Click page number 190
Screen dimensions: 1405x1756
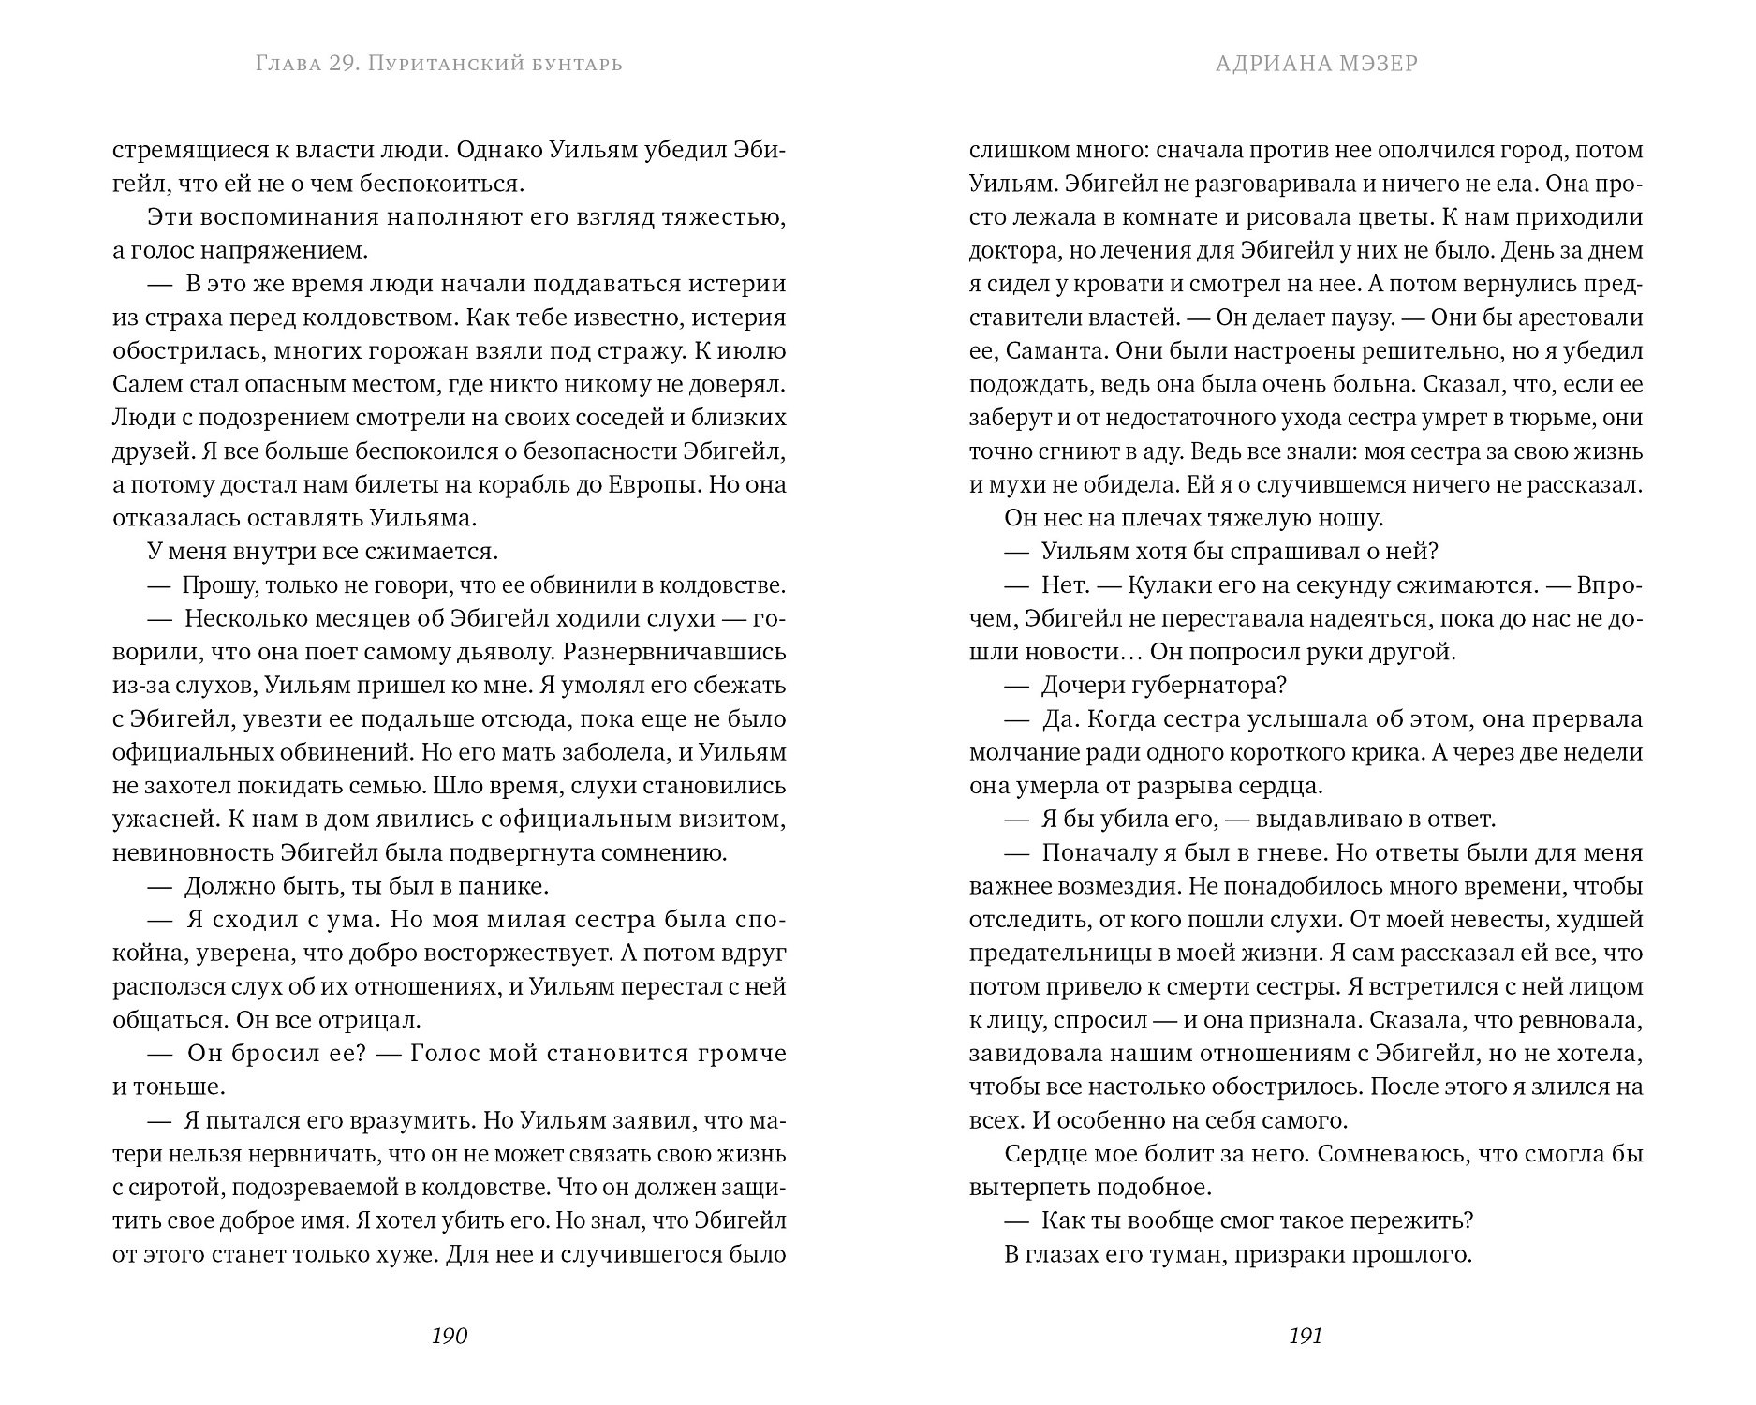(449, 1336)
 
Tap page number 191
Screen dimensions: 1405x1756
(1306, 1336)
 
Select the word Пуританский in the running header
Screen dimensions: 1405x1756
(439, 64)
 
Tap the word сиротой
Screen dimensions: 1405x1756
(173, 1188)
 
